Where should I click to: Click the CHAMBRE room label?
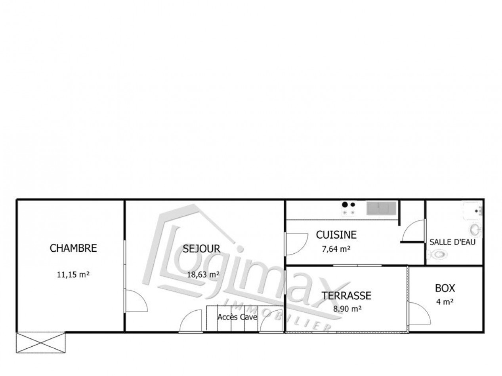(73, 248)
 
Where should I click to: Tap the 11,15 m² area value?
(73, 273)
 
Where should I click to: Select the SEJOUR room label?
(201, 249)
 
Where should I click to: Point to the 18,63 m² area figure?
(204, 274)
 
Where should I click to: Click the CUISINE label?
(336, 235)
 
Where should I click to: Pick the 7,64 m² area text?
(336, 249)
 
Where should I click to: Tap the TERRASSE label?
(346, 295)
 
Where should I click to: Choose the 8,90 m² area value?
(347, 310)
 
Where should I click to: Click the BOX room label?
(445, 288)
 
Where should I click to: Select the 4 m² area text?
(445, 302)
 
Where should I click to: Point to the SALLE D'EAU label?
(452, 242)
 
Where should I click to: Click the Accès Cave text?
(237, 317)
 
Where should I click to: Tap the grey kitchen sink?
(381, 208)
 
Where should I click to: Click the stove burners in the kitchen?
(348, 209)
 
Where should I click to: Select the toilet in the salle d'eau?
(439, 254)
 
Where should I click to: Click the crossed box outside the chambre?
(41, 342)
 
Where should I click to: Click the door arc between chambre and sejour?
(136, 301)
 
